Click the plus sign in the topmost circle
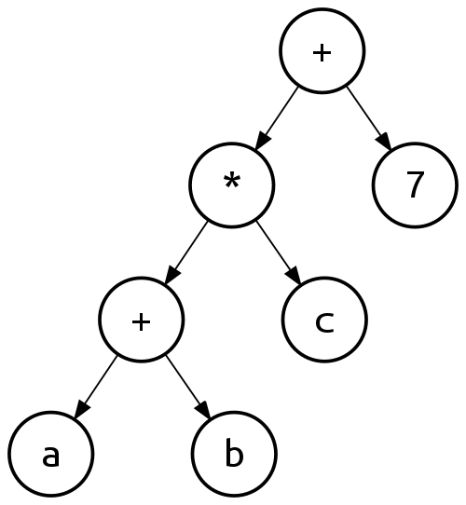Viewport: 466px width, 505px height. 322,52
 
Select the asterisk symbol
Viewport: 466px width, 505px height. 232,183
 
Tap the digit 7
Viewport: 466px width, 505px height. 416,186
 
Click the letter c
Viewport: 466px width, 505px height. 324,321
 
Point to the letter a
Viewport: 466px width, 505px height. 51,456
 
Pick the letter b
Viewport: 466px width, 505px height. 234,455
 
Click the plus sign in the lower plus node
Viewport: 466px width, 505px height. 141,321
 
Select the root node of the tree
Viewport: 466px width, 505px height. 322,51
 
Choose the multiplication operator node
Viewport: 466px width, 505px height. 232,185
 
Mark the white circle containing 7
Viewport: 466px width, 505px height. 415,185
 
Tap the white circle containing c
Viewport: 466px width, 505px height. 324,320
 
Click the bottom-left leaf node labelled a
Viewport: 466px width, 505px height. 51,455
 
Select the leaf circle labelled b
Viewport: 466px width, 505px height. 234,455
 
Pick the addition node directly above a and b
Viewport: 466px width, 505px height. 141,321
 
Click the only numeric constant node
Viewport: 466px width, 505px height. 415,185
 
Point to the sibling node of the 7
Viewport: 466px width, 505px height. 232,185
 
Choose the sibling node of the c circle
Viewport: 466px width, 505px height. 141,321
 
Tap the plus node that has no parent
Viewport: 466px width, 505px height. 322,51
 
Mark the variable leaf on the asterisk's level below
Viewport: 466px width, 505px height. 324,320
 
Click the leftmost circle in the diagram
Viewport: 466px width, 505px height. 51,455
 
